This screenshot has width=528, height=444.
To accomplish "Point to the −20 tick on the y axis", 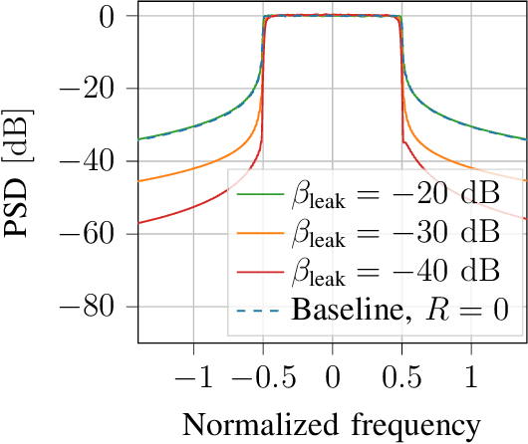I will click(x=99, y=90).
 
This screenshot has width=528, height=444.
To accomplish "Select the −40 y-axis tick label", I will click(x=99, y=161).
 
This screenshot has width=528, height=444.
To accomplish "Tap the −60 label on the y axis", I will click(x=99, y=234).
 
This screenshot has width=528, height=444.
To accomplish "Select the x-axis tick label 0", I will click(x=333, y=378).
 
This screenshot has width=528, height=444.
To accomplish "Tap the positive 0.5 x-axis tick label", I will click(x=401, y=378).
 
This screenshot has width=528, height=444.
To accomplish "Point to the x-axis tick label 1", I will click(x=470, y=378).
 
